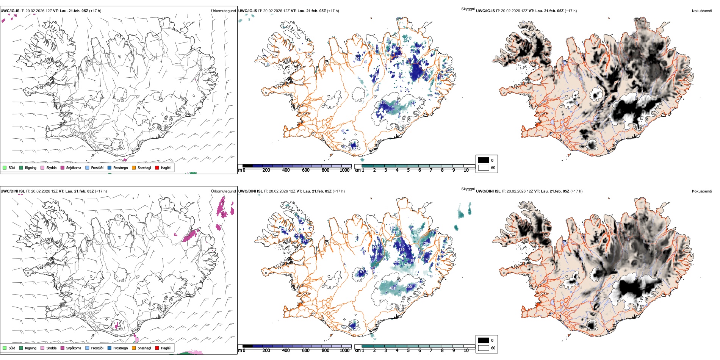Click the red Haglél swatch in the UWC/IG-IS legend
click(157, 167)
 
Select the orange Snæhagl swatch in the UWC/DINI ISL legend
click(134, 348)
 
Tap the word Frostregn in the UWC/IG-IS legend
click(120, 167)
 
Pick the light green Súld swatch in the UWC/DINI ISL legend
click(5, 348)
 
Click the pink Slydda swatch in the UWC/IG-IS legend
click(42, 167)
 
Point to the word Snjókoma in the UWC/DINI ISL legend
click(74, 348)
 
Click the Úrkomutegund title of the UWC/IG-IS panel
click(223, 11)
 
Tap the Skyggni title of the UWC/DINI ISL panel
click(468, 189)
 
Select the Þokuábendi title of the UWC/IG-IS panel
click(702, 11)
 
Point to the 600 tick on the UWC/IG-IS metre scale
click(305, 170)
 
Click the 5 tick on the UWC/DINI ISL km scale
click(408, 351)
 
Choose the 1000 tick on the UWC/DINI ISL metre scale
click(344, 351)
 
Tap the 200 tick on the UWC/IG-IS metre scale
click(266, 170)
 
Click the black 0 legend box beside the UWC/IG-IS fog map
click(484, 160)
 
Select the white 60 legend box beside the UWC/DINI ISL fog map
click(484, 348)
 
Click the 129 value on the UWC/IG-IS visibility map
click(383, 103)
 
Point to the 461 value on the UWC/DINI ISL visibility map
click(393, 288)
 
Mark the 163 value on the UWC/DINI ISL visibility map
click(380, 254)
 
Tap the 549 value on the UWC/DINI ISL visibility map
click(414, 236)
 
